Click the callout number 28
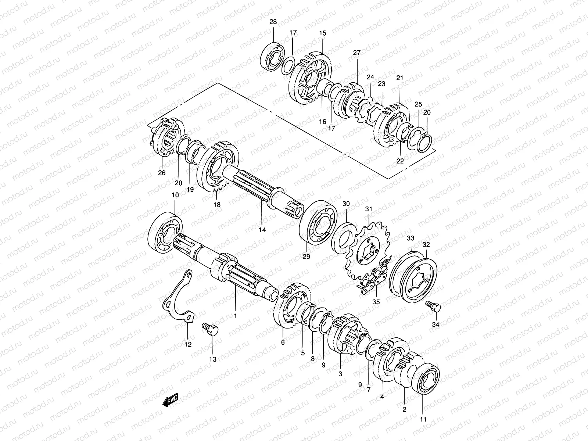[273, 22]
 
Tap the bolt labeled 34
[432, 306]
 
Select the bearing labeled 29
[319, 224]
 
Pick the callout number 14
[262, 230]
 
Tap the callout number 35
[376, 302]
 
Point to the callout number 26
[162, 172]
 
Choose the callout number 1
[236, 315]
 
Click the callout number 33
[410, 238]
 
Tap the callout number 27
[357, 53]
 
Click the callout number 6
[283, 342]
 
